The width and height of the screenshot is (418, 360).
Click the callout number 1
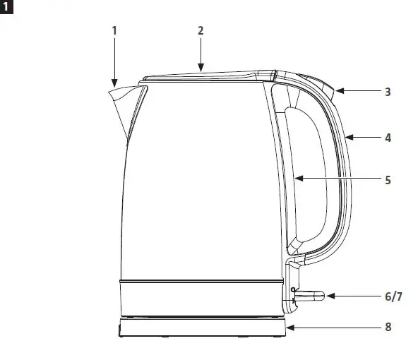pyautogui.click(x=114, y=30)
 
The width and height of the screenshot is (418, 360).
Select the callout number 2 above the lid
pyautogui.click(x=201, y=30)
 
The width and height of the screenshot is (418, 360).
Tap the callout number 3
pyautogui.click(x=388, y=92)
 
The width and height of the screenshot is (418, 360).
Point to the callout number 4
pyautogui.click(x=388, y=138)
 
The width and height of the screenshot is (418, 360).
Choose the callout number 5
pyautogui.click(x=388, y=180)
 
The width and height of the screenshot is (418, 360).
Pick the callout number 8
pyautogui.click(x=388, y=327)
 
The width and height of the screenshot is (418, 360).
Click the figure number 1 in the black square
pyautogui.click(x=7, y=7)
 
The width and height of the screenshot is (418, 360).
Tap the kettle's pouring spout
pyautogui.click(x=121, y=102)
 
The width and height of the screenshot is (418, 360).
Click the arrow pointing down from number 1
pyautogui.click(x=114, y=64)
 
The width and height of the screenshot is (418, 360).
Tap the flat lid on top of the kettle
pyautogui.click(x=201, y=76)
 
